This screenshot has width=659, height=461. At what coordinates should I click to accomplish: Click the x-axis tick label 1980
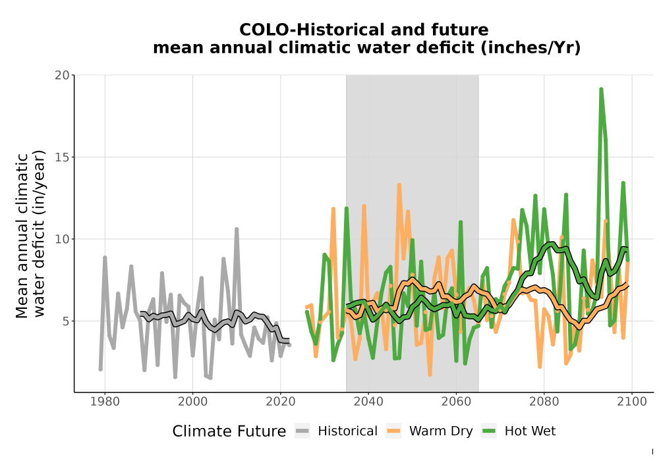click(105, 402)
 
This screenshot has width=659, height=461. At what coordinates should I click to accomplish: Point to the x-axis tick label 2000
click(192, 402)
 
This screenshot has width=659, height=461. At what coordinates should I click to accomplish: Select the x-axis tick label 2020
click(280, 402)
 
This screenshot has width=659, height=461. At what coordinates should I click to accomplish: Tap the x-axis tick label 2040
click(368, 402)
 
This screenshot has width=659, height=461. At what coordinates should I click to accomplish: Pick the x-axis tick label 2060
click(456, 402)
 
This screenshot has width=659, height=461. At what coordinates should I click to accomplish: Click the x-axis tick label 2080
click(544, 402)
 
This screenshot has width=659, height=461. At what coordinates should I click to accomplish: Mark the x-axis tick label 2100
click(632, 402)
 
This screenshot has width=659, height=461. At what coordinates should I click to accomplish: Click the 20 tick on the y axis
click(62, 75)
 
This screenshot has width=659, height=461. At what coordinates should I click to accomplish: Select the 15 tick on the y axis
click(62, 157)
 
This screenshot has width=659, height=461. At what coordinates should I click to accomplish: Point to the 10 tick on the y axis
click(62, 239)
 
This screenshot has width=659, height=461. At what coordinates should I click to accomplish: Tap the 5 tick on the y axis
click(65, 321)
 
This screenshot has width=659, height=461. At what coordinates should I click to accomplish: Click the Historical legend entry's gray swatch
click(302, 431)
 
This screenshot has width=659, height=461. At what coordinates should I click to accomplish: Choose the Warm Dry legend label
click(441, 431)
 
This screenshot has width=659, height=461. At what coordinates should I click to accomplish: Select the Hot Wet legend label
click(530, 431)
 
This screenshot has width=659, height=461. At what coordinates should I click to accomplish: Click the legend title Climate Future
click(229, 431)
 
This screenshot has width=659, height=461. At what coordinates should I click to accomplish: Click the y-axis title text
click(30, 234)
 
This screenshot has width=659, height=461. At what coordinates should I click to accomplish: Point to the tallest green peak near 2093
click(601, 89)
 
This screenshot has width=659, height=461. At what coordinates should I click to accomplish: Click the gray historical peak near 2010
click(237, 229)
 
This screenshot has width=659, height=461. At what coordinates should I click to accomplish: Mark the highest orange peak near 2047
click(399, 185)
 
